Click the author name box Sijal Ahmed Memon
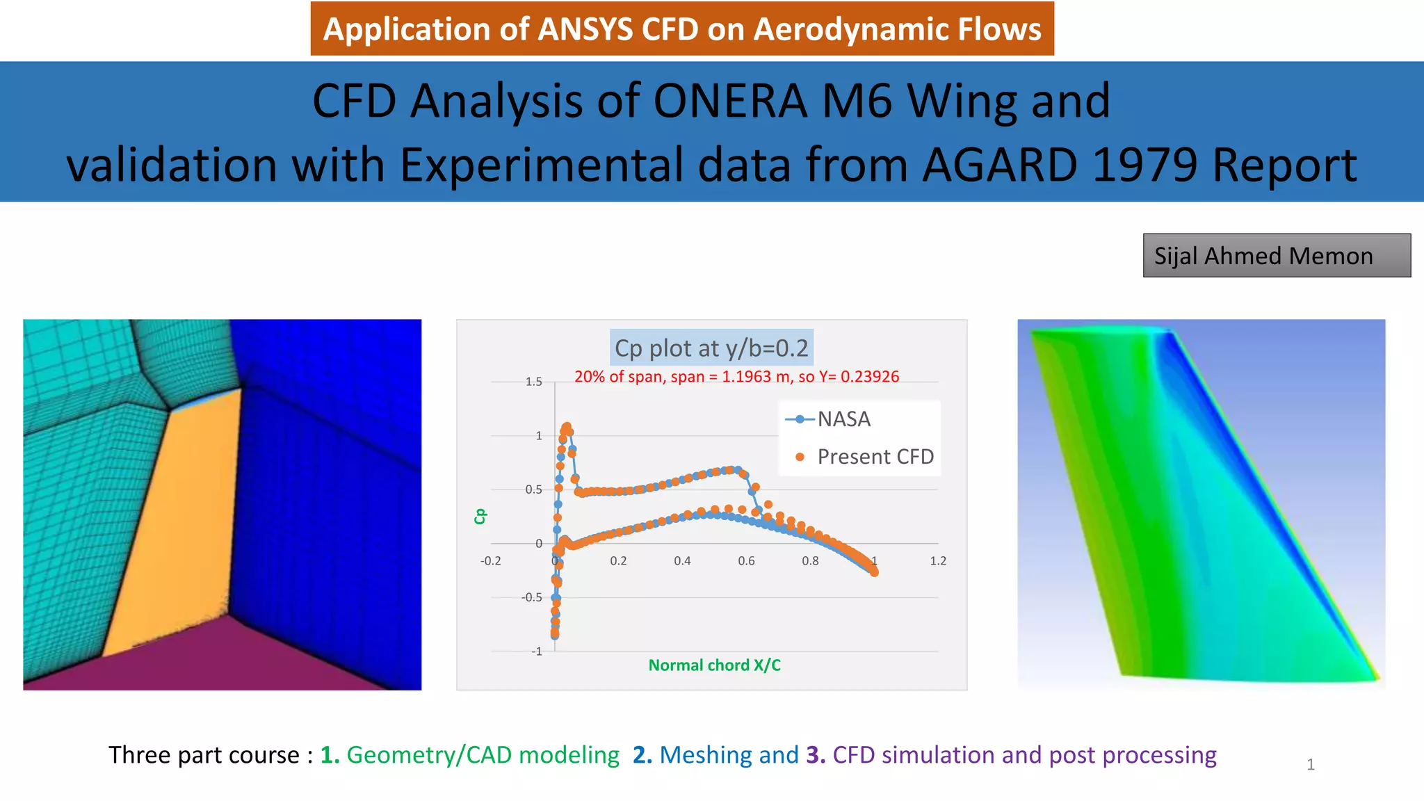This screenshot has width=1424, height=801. [x=1276, y=256]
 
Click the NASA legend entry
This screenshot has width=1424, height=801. [x=843, y=419]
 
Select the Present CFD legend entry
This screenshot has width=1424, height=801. [x=875, y=457]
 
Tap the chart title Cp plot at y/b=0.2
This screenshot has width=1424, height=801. [x=711, y=348]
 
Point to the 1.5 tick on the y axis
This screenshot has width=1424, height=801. [x=533, y=382]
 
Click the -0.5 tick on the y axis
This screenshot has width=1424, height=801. [x=532, y=597]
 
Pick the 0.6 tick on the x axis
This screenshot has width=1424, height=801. [x=746, y=561]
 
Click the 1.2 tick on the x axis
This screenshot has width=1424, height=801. [x=938, y=561]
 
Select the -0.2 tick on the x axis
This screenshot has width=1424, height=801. [x=490, y=561]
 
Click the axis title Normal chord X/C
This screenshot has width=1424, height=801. [x=714, y=665]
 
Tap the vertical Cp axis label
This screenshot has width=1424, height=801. [x=480, y=516]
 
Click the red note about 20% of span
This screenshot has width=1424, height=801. [x=736, y=377]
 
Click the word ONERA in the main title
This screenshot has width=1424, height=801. [x=729, y=102]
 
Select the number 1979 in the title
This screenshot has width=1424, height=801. [x=1145, y=165]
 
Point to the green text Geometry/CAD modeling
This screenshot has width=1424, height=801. [x=483, y=755]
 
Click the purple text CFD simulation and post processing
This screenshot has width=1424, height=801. [x=1024, y=755]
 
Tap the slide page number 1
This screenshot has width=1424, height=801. [x=1310, y=765]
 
